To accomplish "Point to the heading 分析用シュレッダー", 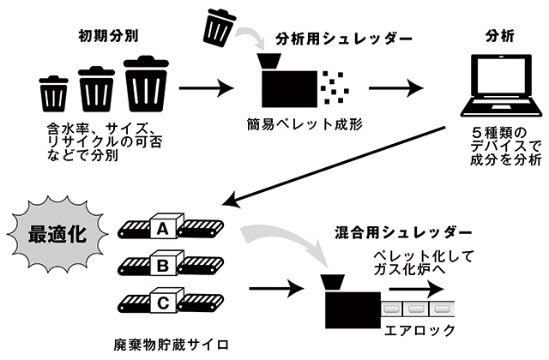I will pyautogui.click(x=334, y=39).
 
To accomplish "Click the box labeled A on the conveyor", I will pyautogui.click(x=161, y=228).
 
